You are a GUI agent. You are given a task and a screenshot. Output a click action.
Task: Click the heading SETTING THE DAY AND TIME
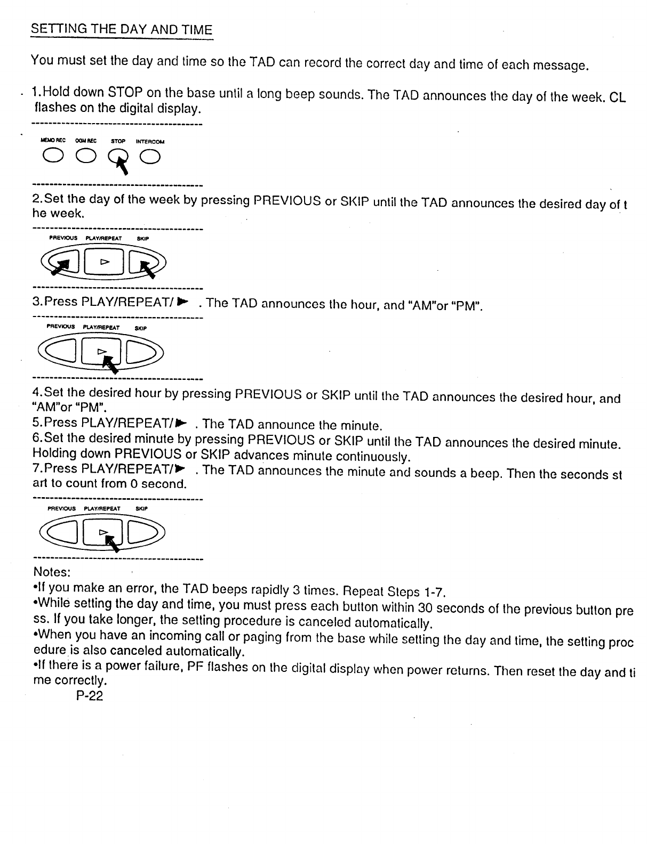pos(122,29)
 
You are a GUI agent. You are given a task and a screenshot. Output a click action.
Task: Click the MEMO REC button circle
pos(53,156)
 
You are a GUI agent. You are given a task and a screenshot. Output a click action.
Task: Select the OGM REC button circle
pos(85,156)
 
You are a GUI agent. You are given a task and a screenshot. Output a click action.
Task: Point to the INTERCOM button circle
pos(150,156)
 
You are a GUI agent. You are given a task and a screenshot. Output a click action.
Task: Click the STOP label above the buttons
pos(118,142)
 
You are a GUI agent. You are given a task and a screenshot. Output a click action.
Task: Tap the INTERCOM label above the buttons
pos(150,142)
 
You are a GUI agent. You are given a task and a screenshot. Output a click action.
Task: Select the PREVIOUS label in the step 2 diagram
pos(63,238)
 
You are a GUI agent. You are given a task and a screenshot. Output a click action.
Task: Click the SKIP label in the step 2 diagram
pos(143,238)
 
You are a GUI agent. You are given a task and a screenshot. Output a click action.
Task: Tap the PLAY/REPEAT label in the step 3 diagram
pos(101,328)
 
